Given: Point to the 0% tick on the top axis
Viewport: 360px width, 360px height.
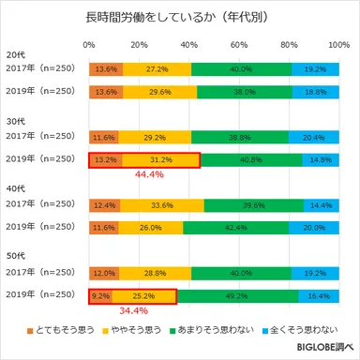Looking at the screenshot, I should tap(89, 45).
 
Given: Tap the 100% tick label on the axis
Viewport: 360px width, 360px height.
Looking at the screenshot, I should tap(339, 45).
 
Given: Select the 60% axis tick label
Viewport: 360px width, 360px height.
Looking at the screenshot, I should tap(238, 45).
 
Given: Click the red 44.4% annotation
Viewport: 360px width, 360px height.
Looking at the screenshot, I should tap(151, 173).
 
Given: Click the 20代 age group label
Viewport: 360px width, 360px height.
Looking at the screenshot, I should tap(17, 53).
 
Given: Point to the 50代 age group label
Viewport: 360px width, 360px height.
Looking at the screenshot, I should tap(17, 257).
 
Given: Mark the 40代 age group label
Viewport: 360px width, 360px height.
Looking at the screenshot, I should tap(17, 189).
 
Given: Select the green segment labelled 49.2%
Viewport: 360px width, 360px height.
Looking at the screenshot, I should tap(237, 294).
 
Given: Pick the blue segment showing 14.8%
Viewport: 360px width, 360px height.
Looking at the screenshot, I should tap(321, 159).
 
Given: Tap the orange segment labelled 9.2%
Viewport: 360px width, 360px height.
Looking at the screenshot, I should tap(100, 294).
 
